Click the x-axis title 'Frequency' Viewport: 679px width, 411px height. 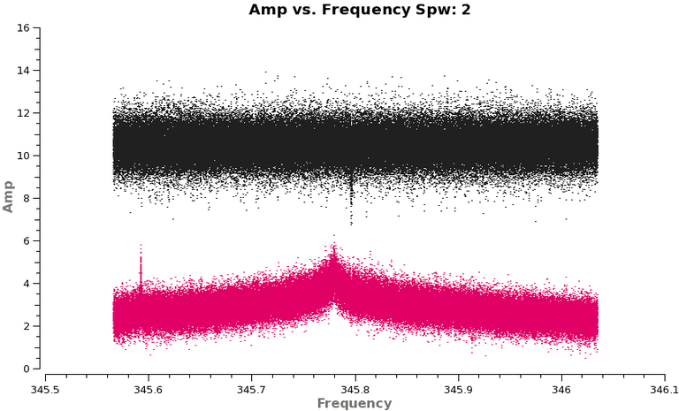[x=354, y=403]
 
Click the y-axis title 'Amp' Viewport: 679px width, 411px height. [x=9, y=198]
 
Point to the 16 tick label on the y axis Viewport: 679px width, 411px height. [x=24, y=27]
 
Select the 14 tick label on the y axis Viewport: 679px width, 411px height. [x=24, y=70]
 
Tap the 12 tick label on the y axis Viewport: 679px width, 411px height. [x=24, y=113]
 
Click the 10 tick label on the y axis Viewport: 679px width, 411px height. [x=24, y=156]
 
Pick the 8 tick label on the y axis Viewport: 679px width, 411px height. [x=27, y=198]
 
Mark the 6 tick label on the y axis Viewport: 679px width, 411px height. [x=27, y=240]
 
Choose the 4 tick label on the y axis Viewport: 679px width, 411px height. [x=27, y=284]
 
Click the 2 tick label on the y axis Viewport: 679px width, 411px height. [x=27, y=326]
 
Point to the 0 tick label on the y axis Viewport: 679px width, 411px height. [x=27, y=369]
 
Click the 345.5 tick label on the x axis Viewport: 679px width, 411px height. [x=45, y=388]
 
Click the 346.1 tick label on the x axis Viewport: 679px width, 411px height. [x=663, y=388]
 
